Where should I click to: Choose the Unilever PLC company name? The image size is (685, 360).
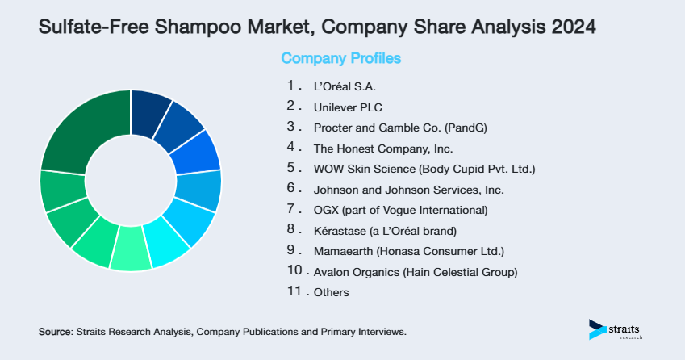[x=348, y=106]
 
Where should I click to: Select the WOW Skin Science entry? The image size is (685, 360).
[x=424, y=169]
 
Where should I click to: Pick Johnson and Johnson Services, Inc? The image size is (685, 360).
[x=408, y=190]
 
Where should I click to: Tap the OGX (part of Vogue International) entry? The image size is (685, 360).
[x=400, y=211]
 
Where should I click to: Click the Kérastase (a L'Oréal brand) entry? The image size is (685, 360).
[x=391, y=231]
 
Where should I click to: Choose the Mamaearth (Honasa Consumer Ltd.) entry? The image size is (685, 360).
[x=408, y=251]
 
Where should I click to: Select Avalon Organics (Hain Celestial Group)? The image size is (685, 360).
[x=416, y=272]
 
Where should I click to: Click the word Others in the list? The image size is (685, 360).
[x=332, y=292]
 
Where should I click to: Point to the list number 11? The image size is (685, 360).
[x=294, y=291]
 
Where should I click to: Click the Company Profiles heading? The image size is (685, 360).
[x=340, y=58]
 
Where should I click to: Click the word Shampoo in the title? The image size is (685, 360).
[x=193, y=27]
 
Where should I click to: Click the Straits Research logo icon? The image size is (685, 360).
[x=598, y=329]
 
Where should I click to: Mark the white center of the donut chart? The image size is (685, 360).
[x=131, y=180]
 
